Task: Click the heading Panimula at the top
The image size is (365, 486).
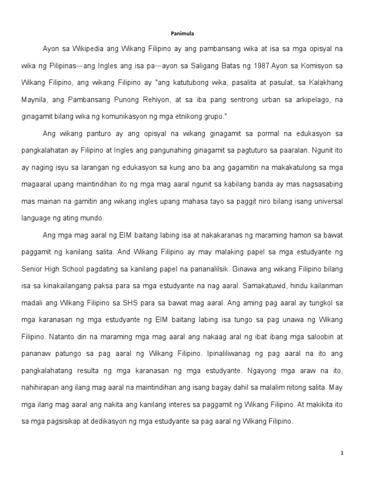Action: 182,34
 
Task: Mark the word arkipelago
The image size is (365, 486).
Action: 310,99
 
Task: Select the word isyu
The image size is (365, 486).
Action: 63,168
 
